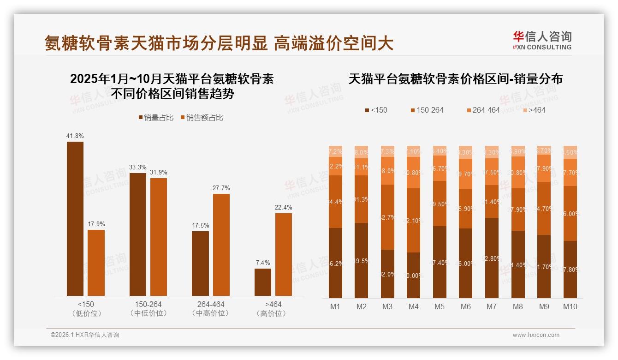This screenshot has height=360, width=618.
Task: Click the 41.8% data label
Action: coord(75,136)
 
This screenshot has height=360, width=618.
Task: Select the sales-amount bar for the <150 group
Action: coord(96,263)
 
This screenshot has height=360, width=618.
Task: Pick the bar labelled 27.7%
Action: coord(221,245)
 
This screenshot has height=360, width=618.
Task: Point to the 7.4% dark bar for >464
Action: coord(263,282)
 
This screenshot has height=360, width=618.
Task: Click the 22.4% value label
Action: coord(284,208)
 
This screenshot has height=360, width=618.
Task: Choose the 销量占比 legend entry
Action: coord(156,118)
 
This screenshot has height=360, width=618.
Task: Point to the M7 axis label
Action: coord(492,306)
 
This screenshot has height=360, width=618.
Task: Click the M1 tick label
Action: coord(335,306)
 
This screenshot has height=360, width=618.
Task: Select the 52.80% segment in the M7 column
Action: coord(492,258)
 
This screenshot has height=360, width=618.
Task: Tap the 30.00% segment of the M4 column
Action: coord(414,275)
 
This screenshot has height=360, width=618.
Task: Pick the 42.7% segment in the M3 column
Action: coord(387,217)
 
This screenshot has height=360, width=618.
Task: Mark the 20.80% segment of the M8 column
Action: coord(518,173)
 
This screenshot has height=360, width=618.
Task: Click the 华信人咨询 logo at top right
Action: coord(542,40)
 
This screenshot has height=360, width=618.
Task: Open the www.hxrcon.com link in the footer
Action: coord(536,335)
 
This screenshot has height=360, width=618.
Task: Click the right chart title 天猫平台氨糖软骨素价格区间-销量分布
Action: coord(455,79)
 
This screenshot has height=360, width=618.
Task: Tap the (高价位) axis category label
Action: coord(273,313)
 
